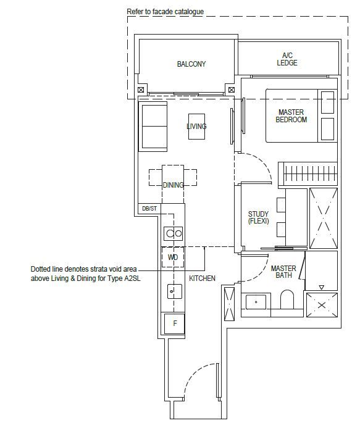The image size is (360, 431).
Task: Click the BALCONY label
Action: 191,64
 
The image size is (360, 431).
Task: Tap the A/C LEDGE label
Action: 287,59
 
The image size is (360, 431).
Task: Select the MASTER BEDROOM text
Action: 291,115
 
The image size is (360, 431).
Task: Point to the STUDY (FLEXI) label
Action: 258,217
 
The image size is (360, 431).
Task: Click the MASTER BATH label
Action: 283,272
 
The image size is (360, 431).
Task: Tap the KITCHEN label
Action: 202,278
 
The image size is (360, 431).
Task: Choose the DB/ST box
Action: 149,209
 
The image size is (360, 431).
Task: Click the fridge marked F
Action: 174,324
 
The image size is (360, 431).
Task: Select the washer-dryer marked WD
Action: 172,257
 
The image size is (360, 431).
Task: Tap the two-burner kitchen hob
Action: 174,233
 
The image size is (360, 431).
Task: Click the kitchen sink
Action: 175,291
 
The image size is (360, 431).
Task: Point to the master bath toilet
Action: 287,299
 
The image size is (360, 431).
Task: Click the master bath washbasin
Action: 256,302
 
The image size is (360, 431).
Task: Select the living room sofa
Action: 153,127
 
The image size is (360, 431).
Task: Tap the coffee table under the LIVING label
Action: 196,127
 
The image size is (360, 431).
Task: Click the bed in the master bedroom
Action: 301,115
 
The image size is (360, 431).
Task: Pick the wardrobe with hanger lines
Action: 308,174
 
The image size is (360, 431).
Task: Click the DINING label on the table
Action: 173,185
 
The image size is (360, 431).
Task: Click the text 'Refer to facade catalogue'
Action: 165,12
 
